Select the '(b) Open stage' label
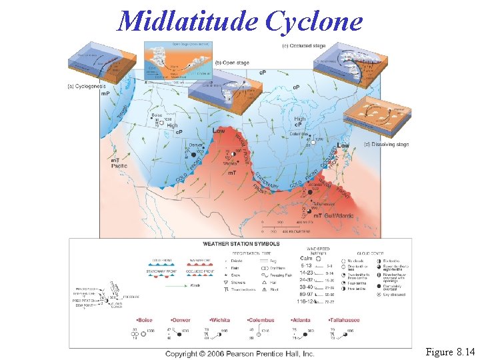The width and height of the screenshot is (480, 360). (x=233, y=63)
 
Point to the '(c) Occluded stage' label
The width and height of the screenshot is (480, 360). (x=304, y=46)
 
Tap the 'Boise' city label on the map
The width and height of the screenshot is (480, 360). (x=157, y=115)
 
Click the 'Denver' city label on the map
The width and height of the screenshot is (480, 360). (x=195, y=145)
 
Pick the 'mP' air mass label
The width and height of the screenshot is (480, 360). (x=105, y=94)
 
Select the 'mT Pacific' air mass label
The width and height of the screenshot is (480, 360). (x=110, y=164)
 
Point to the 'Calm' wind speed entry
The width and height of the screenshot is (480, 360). (x=307, y=258)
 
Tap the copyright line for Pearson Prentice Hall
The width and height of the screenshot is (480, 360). (x=239, y=353)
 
